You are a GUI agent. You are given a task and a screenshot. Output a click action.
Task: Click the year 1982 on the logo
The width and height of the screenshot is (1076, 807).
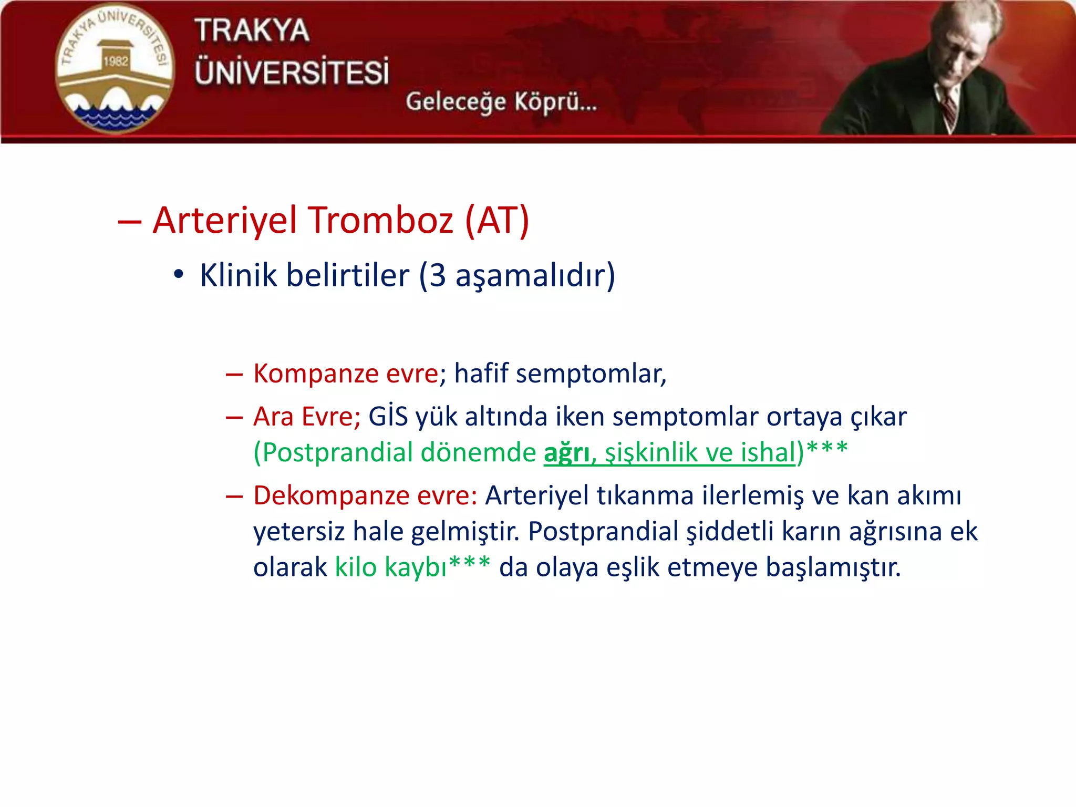pos(116,61)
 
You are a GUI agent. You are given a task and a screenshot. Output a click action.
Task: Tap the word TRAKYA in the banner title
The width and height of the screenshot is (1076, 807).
pos(252,30)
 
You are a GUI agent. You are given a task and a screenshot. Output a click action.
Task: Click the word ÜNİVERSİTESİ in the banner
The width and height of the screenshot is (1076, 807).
pos(292,72)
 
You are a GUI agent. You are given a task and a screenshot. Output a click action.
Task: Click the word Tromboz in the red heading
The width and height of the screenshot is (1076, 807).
pos(380,220)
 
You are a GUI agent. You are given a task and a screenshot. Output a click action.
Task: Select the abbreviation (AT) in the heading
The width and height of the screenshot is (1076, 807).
pos(497,220)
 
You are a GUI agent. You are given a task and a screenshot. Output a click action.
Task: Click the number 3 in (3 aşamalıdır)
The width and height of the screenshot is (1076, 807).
pos(438,275)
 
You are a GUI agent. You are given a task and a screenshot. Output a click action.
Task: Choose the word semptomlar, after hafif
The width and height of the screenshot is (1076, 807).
pos(591,374)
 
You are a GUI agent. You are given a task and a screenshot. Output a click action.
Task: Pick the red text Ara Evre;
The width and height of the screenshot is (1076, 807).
pos(307,417)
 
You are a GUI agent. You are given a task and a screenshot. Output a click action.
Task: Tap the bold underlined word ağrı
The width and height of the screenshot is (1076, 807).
pos(566,453)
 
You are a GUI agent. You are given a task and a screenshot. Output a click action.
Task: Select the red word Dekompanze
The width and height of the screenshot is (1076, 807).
pos(331,495)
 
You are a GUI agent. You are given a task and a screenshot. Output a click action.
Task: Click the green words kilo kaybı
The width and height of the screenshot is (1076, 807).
pos(391,567)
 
